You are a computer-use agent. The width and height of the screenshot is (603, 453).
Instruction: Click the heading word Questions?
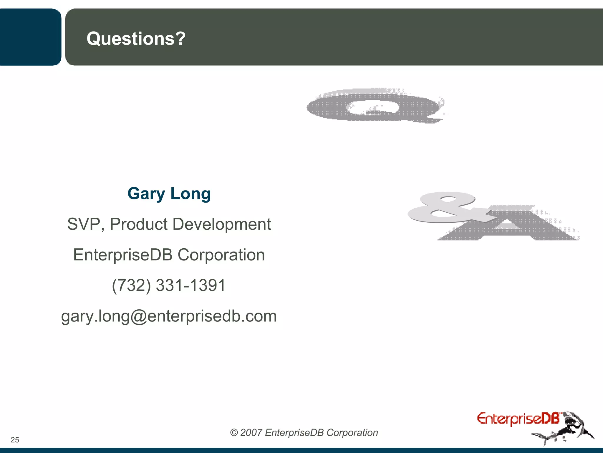click(x=136, y=39)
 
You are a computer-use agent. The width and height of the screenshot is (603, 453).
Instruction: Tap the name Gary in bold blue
click(x=146, y=194)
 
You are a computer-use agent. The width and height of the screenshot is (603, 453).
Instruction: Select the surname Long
click(x=190, y=194)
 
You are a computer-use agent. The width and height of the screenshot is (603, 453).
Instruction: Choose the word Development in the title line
click(x=221, y=224)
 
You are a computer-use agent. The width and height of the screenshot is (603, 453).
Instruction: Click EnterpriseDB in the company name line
click(x=122, y=255)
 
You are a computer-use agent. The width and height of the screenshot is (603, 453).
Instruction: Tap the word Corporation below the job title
click(x=221, y=255)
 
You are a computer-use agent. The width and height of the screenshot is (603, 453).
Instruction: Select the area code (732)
click(x=131, y=285)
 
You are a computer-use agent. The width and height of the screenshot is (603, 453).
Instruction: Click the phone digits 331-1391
click(x=190, y=285)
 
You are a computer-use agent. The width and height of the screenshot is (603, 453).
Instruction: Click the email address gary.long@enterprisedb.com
click(x=169, y=316)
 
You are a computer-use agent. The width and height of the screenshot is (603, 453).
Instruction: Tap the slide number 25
click(x=15, y=440)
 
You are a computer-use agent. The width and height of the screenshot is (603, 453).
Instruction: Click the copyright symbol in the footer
click(x=234, y=433)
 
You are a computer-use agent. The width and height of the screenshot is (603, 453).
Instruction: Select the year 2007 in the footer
click(x=251, y=433)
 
